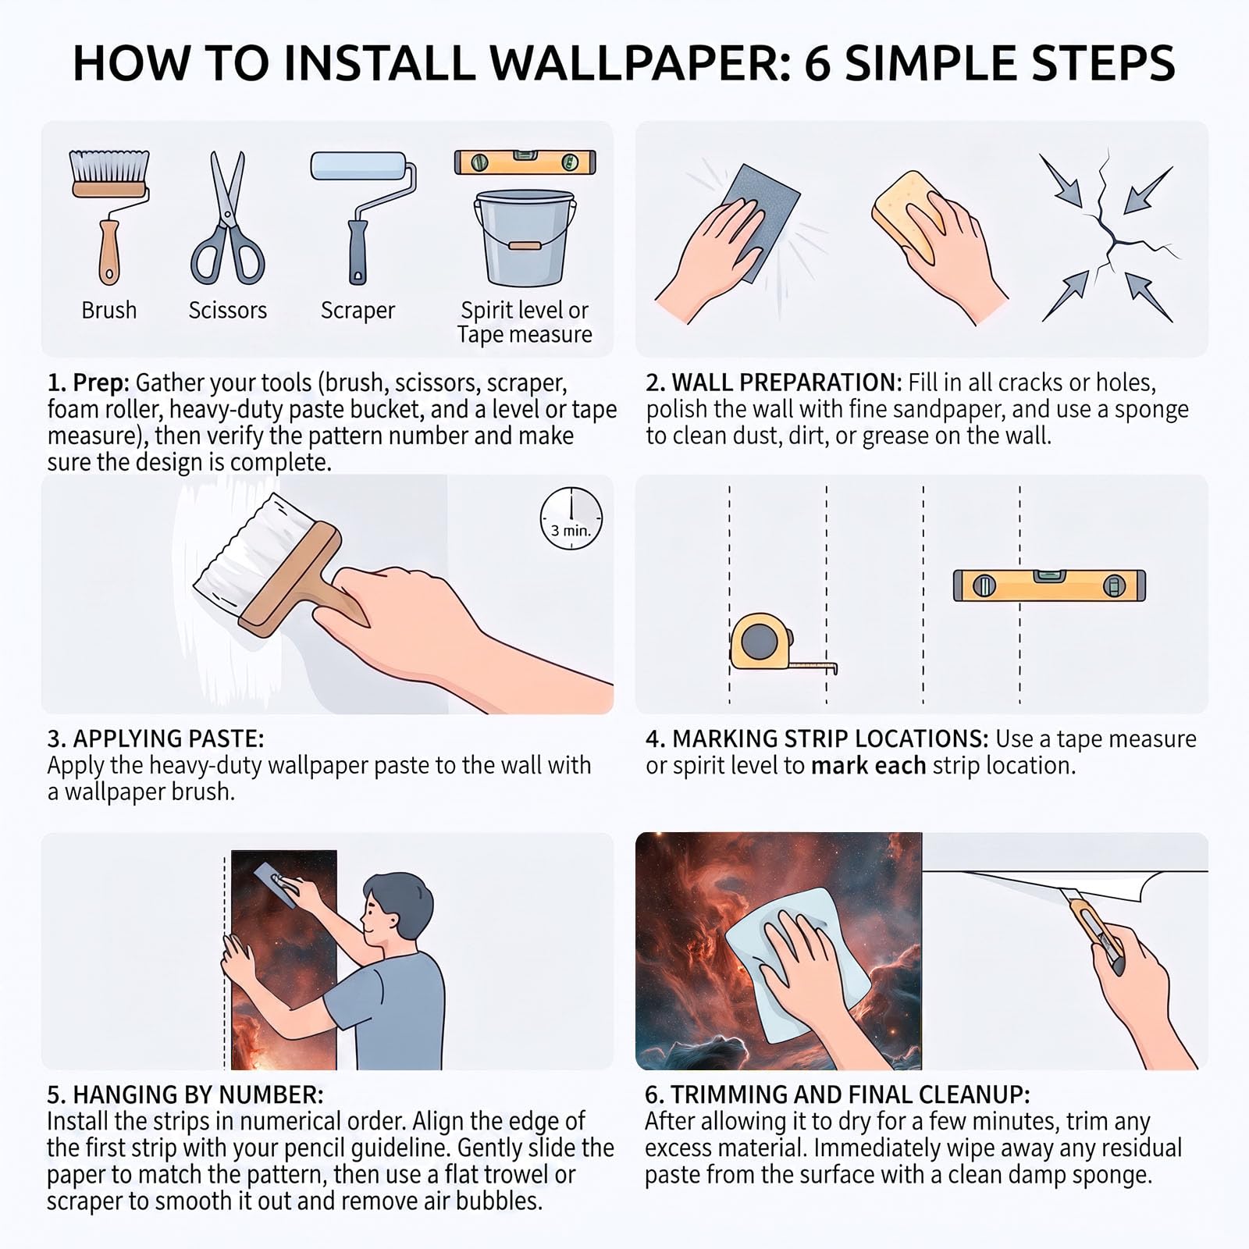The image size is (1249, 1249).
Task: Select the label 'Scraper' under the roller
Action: point(358,310)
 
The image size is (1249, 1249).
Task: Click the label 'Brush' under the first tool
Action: point(109,310)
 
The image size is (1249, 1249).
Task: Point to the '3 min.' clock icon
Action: point(571,518)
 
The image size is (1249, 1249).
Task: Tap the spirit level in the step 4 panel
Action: point(1049,585)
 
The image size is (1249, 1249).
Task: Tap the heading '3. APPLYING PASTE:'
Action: point(156,738)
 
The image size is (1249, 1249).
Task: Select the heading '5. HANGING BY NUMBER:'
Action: point(185,1094)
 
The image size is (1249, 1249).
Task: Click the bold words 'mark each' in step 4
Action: point(868,766)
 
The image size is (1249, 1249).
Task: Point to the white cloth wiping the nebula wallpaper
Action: point(797,964)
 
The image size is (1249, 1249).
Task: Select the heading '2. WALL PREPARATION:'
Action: point(774,383)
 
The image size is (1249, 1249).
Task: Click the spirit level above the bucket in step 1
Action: point(525,162)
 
